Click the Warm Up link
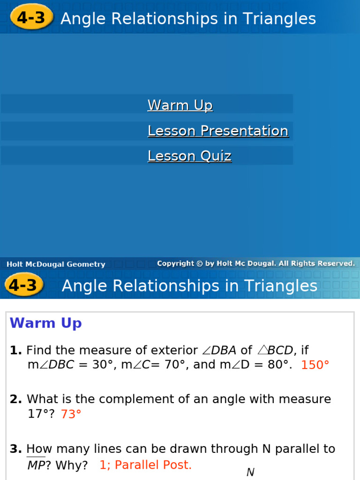[x=180, y=105]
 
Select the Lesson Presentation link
[x=218, y=131]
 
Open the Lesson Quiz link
[x=189, y=156]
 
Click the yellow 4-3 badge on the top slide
[x=31, y=18]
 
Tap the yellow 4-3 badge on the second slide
[x=23, y=285]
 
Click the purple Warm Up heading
[x=45, y=323]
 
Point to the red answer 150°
[x=315, y=365]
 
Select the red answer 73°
[x=71, y=414]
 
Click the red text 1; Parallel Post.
[x=145, y=465]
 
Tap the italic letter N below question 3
[x=250, y=472]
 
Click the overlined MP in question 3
[x=36, y=465]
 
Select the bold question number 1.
[x=15, y=350]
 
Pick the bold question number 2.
[x=15, y=399]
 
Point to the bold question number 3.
[x=15, y=449]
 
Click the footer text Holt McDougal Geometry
[x=56, y=264]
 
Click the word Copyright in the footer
[x=175, y=263]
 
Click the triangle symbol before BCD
[x=262, y=350]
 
